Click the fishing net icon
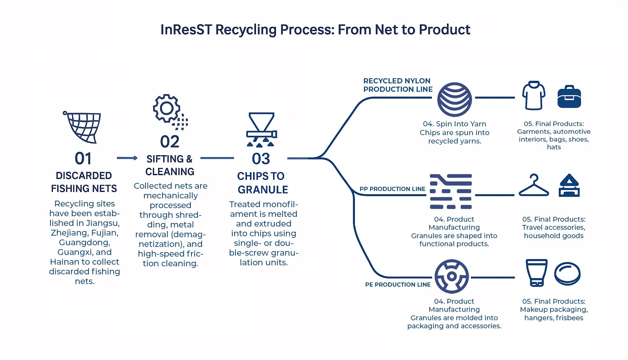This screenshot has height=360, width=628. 82,127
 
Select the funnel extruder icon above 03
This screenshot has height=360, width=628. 261,129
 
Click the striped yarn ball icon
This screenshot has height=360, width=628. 454,99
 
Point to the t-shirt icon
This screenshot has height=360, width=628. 534,95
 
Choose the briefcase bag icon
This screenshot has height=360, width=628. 569,97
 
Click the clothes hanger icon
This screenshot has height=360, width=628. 534,186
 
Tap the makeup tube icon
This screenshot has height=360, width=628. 537,272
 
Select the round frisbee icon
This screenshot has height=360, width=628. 567,273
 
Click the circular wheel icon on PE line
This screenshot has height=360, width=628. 452,276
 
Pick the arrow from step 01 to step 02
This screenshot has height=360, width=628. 127,158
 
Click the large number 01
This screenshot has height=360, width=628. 83,158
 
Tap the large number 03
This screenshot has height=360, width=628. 261,159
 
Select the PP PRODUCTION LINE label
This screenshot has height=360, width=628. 392,189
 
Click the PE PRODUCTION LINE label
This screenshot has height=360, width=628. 398,285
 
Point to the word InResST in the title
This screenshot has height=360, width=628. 186,30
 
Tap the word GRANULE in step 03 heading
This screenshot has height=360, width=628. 263,190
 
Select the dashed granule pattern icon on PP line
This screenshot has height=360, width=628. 451,191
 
